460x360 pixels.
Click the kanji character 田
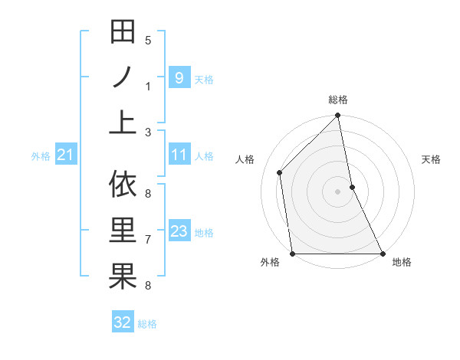click(x=123, y=33)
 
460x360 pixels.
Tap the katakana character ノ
click(x=123, y=77)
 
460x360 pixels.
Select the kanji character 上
click(x=123, y=122)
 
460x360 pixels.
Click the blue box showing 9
click(x=179, y=77)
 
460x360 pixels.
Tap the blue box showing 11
click(x=179, y=155)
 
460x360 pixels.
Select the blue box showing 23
click(x=179, y=231)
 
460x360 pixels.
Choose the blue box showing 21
click(x=66, y=156)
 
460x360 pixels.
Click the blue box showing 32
click(x=123, y=322)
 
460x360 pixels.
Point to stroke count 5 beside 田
click(x=147, y=41)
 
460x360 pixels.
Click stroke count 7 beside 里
click(x=147, y=240)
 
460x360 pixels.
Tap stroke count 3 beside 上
click(x=147, y=132)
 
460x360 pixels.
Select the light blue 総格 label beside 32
click(x=147, y=324)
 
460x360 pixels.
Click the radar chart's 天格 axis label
click(x=431, y=159)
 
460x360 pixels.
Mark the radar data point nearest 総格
click(x=337, y=116)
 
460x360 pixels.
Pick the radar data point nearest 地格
click(x=383, y=254)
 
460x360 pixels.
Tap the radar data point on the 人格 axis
click(x=280, y=172)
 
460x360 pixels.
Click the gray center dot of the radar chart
click(x=337, y=191)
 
